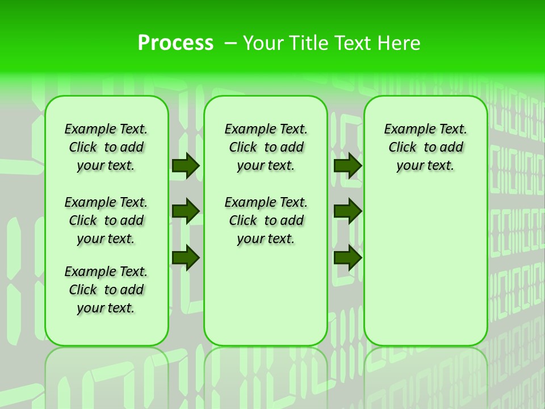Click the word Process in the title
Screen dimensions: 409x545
pyautogui.click(x=175, y=43)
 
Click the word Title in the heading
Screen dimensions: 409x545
pyautogui.click(x=309, y=43)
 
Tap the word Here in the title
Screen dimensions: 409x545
pyautogui.click(x=399, y=43)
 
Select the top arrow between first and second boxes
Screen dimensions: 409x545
pyautogui.click(x=186, y=165)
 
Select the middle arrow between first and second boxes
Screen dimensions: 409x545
pyautogui.click(x=186, y=211)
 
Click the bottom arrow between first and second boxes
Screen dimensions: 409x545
pyautogui.click(x=186, y=257)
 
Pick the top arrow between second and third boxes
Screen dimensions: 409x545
pyautogui.click(x=347, y=165)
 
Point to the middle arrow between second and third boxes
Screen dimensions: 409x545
pyautogui.click(x=347, y=211)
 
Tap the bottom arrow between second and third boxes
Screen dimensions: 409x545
pyautogui.click(x=347, y=257)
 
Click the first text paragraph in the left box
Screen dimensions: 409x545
pyautogui.click(x=106, y=147)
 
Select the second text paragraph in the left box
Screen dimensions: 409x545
pyautogui.click(x=106, y=220)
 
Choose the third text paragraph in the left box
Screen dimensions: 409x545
pyautogui.click(x=106, y=290)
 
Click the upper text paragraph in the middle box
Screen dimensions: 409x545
pyautogui.click(x=266, y=147)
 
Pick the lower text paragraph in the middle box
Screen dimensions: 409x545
pyautogui.click(x=266, y=220)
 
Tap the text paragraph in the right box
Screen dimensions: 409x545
pyautogui.click(x=426, y=147)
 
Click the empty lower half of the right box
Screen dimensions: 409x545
pyautogui.click(x=426, y=273)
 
